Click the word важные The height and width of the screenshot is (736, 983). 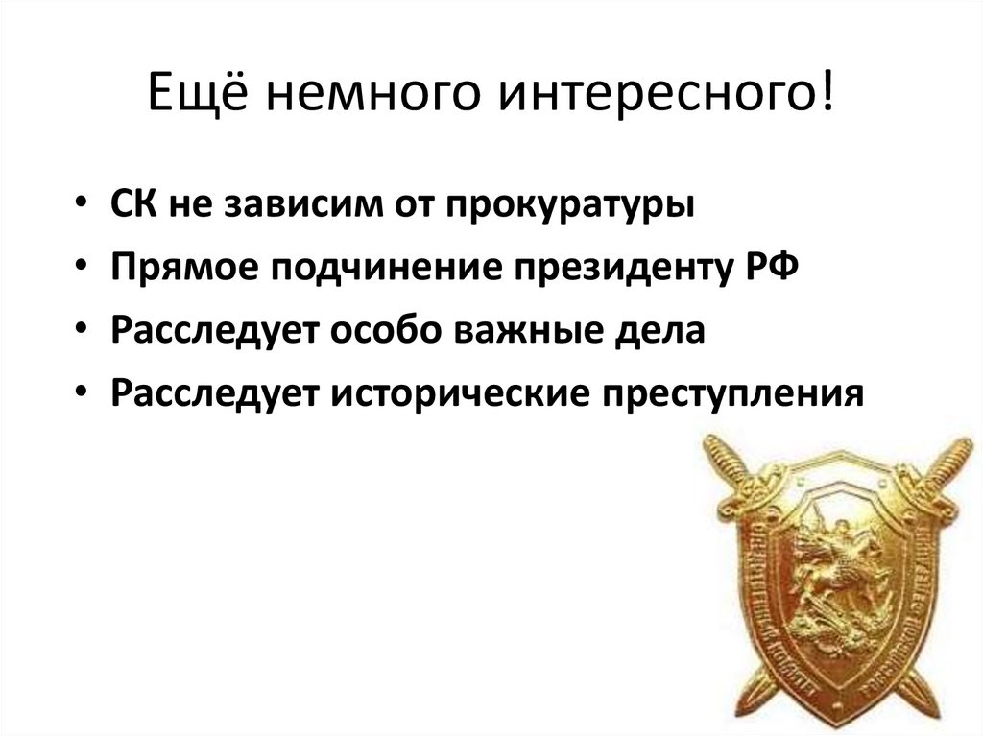[528, 329]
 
